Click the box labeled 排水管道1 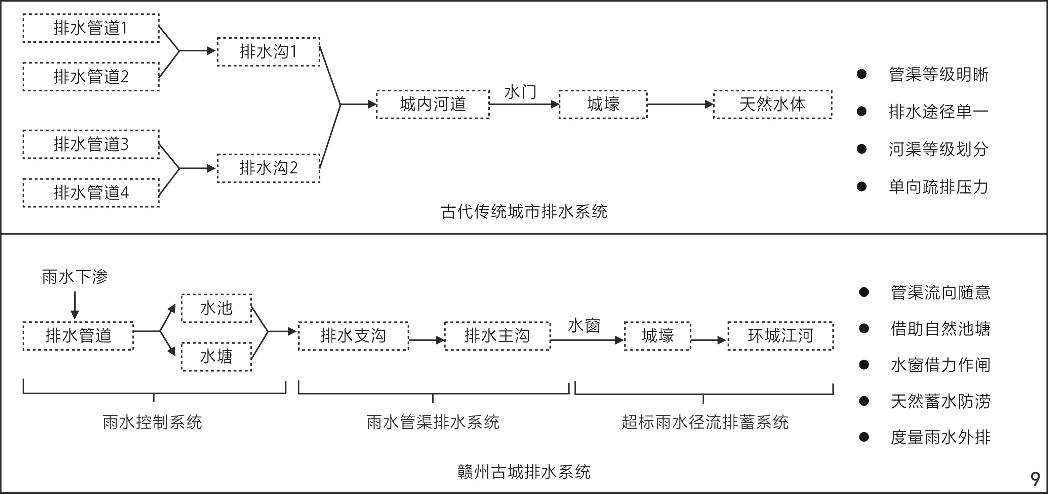pyautogui.click(x=91, y=28)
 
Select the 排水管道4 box pyautogui.click(x=91, y=193)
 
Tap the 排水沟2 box pyautogui.click(x=269, y=168)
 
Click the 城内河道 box pyautogui.click(x=433, y=105)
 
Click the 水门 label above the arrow pyautogui.click(x=520, y=92)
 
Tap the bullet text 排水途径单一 pyautogui.click(x=938, y=112)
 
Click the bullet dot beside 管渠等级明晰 pyautogui.click(x=861, y=74)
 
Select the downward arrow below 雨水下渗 pyautogui.click(x=75, y=305)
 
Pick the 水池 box pyautogui.click(x=216, y=308)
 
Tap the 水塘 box pyautogui.click(x=216, y=357)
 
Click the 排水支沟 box pyautogui.click(x=353, y=336)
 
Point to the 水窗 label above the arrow pyautogui.click(x=584, y=326)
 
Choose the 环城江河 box pyautogui.click(x=780, y=336)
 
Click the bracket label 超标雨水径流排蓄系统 pyautogui.click(x=704, y=422)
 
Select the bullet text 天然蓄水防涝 pyautogui.click(x=940, y=402)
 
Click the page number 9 pyautogui.click(x=1035, y=479)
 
